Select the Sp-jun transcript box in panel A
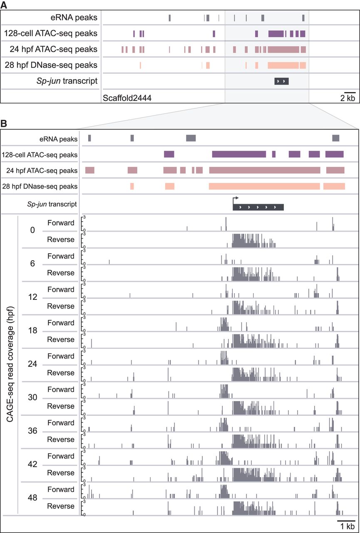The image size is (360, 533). [281, 81]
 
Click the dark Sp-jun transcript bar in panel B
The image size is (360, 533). [258, 207]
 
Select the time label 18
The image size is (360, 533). [32, 331]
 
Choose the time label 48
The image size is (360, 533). [32, 497]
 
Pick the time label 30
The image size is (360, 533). [32, 397]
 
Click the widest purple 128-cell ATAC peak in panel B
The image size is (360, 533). [239, 154]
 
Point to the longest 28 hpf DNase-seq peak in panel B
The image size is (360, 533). [264, 186]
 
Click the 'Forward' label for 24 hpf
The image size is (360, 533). [61, 356]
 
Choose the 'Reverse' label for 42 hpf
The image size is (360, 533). [61, 473]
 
